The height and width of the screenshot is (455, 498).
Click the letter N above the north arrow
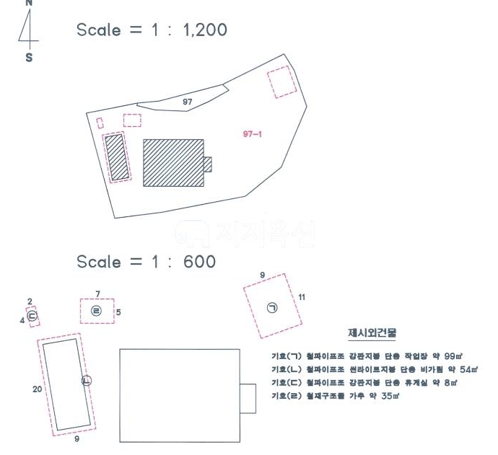pyautogui.click(x=29, y=2)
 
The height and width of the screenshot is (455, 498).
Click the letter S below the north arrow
pyautogui.click(x=29, y=58)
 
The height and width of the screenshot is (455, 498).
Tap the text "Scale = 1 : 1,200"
pyautogui.click(x=152, y=30)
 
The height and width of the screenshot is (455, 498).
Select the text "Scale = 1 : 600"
pyautogui.click(x=146, y=261)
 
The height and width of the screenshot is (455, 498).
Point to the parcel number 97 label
pyautogui.click(x=188, y=102)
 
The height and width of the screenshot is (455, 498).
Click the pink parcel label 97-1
pyautogui.click(x=252, y=133)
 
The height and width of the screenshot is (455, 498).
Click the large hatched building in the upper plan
pyautogui.click(x=172, y=162)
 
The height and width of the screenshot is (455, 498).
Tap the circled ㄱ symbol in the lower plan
pyautogui.click(x=272, y=308)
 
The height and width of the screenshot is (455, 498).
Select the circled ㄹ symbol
pyautogui.click(x=97, y=311)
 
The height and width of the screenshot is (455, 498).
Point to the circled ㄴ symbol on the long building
pyautogui.click(x=87, y=380)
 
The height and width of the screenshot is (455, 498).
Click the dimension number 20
pyautogui.click(x=36, y=389)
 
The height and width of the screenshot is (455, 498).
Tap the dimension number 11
pyautogui.click(x=302, y=296)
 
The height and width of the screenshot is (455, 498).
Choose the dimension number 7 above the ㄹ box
pyautogui.click(x=97, y=293)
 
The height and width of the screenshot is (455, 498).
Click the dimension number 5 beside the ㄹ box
pyautogui.click(x=118, y=312)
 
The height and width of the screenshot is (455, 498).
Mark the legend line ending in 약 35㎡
pyautogui.click(x=333, y=396)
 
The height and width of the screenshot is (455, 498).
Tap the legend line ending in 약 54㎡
pyautogui.click(x=374, y=369)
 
